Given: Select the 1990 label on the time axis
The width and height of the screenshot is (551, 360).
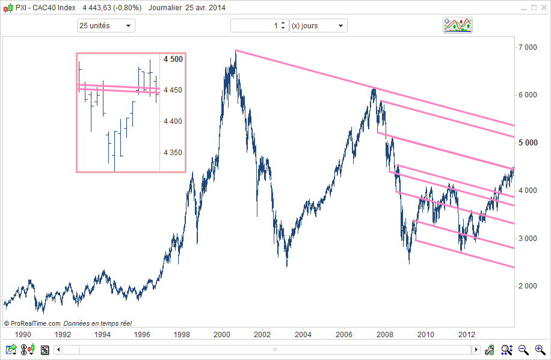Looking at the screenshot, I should click(x=23, y=334).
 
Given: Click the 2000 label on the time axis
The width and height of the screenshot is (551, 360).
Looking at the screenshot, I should click(x=223, y=334).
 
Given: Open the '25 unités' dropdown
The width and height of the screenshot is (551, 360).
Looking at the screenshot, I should click(x=106, y=26).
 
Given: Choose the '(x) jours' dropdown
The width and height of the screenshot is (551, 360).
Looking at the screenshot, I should click(x=318, y=26).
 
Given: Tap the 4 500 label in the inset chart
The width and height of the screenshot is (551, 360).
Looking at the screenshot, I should click(x=173, y=59).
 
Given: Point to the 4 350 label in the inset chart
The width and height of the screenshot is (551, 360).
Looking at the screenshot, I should click(x=173, y=153).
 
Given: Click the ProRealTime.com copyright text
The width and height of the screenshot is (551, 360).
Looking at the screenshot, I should click(x=32, y=323).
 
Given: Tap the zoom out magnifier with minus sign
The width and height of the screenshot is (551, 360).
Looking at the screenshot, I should click(x=523, y=349).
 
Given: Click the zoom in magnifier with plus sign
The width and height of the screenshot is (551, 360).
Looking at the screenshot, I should click(x=539, y=349).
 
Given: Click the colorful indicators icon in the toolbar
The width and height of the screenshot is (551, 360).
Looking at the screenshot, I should click(x=457, y=25).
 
